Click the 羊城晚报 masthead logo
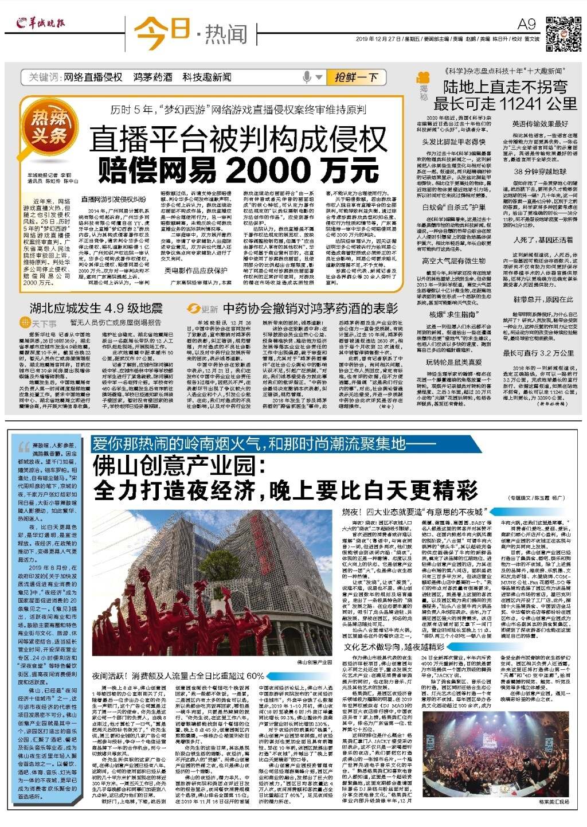point(41,24)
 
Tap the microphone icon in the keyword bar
point(308,77)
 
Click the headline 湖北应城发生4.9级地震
point(96,309)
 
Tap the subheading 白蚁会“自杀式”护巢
point(454,207)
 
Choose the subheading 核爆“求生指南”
point(452,314)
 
